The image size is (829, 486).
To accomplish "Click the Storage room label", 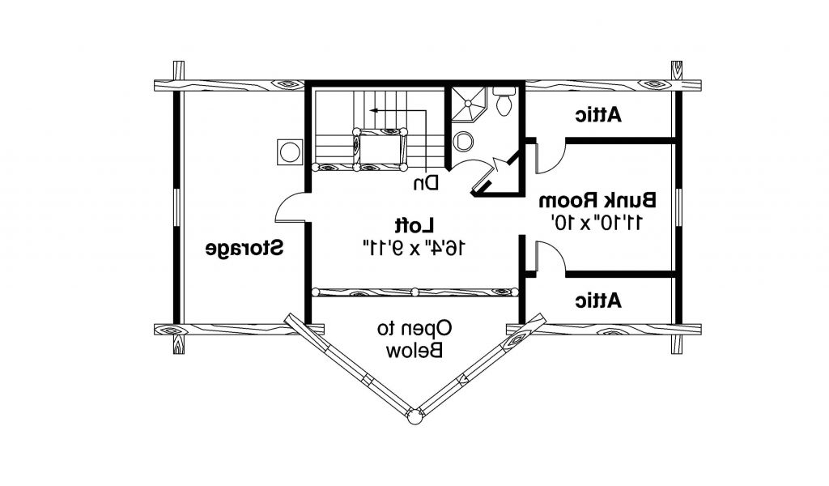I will [243, 248].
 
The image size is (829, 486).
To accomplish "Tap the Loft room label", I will [414, 224].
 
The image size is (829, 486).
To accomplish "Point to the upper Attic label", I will [598, 115].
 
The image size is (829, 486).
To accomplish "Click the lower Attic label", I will [598, 301].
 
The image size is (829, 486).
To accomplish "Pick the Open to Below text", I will [414, 339].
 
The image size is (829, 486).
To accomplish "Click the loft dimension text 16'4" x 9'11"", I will [414, 248].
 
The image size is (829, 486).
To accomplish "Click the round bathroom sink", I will [465, 141].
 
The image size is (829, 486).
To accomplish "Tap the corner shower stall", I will [468, 100].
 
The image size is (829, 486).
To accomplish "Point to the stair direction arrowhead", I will [369, 108].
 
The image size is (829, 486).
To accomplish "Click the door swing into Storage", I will [290, 208].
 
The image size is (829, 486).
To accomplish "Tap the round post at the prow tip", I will [414, 416].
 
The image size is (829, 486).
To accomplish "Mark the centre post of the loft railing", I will [414, 292].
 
